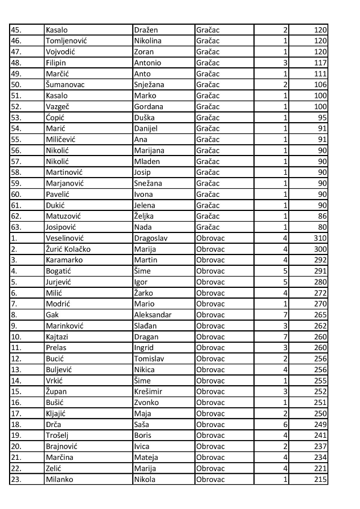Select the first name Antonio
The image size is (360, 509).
coord(148,63)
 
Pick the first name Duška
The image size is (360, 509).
coord(145,118)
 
